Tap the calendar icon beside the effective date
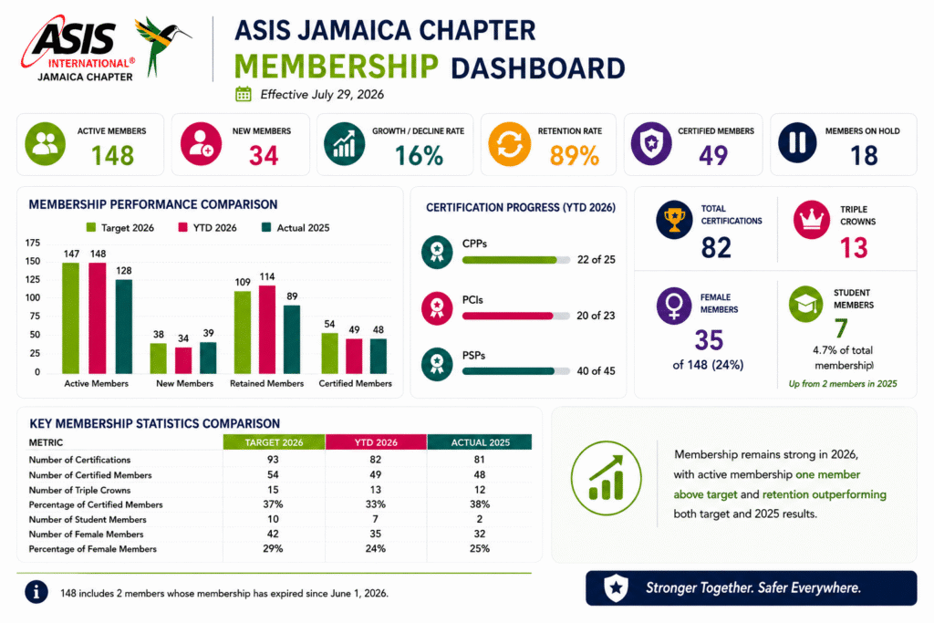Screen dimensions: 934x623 click(x=243, y=94)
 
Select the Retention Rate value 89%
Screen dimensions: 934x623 click(x=575, y=156)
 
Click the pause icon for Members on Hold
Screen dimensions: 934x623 click(x=797, y=143)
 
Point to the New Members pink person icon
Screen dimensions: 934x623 click(x=201, y=143)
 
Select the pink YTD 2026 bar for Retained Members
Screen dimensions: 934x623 click(x=267, y=329)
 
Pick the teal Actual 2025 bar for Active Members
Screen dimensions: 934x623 click(x=124, y=327)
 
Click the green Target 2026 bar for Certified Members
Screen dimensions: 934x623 click(x=329, y=353)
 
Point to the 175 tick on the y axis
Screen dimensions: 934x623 click(x=33, y=243)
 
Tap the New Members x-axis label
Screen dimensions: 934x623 click(x=184, y=384)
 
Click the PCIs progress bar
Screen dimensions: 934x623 click(x=516, y=316)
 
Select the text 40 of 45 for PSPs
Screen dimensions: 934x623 click(x=596, y=371)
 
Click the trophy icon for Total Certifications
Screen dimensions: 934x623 click(x=674, y=220)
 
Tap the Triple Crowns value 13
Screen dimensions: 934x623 click(x=854, y=248)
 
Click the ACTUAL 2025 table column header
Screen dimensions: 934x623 click(x=480, y=442)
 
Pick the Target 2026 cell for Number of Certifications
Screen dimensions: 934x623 click(x=273, y=460)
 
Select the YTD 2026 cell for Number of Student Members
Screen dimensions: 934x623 click(x=375, y=519)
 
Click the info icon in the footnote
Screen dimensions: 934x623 click(x=36, y=592)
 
